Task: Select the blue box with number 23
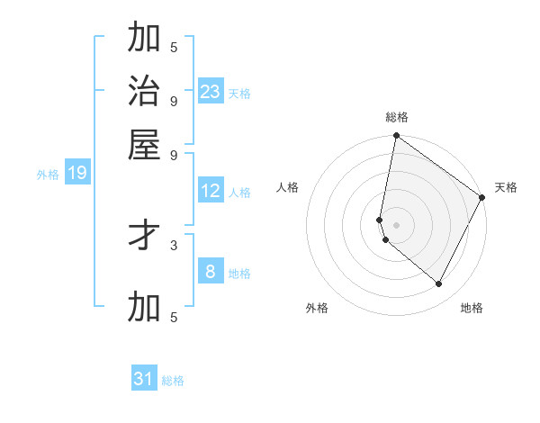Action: tap(211, 92)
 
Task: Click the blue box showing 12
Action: tap(211, 191)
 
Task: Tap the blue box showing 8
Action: tap(211, 272)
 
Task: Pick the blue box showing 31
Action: tap(144, 379)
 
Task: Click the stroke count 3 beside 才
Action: tap(174, 244)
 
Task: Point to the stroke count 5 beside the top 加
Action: tap(174, 46)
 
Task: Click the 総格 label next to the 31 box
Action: tap(173, 381)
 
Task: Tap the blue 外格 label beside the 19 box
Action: tap(48, 175)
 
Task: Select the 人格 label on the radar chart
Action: tap(288, 187)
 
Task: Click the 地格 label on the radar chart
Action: tap(472, 308)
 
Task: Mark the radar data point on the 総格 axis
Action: tap(396, 137)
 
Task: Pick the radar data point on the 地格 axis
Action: tap(439, 284)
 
